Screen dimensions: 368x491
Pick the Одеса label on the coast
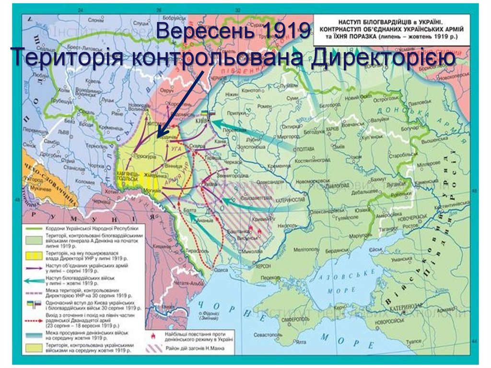point(222,270)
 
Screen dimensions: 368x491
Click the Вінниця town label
point(171,166)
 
